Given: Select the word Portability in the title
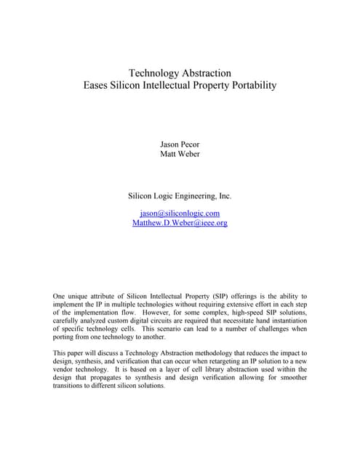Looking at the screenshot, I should pyautogui.click(x=251, y=86).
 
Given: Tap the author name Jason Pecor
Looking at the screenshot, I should pyautogui.click(x=180, y=144).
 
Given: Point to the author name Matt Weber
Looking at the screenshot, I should pyautogui.click(x=180, y=154).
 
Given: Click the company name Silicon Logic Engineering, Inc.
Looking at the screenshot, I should pyautogui.click(x=180, y=195).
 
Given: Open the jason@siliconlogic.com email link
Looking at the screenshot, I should pyautogui.click(x=180, y=213).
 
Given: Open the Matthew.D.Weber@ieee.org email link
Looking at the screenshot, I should pyautogui.click(x=180, y=223).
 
